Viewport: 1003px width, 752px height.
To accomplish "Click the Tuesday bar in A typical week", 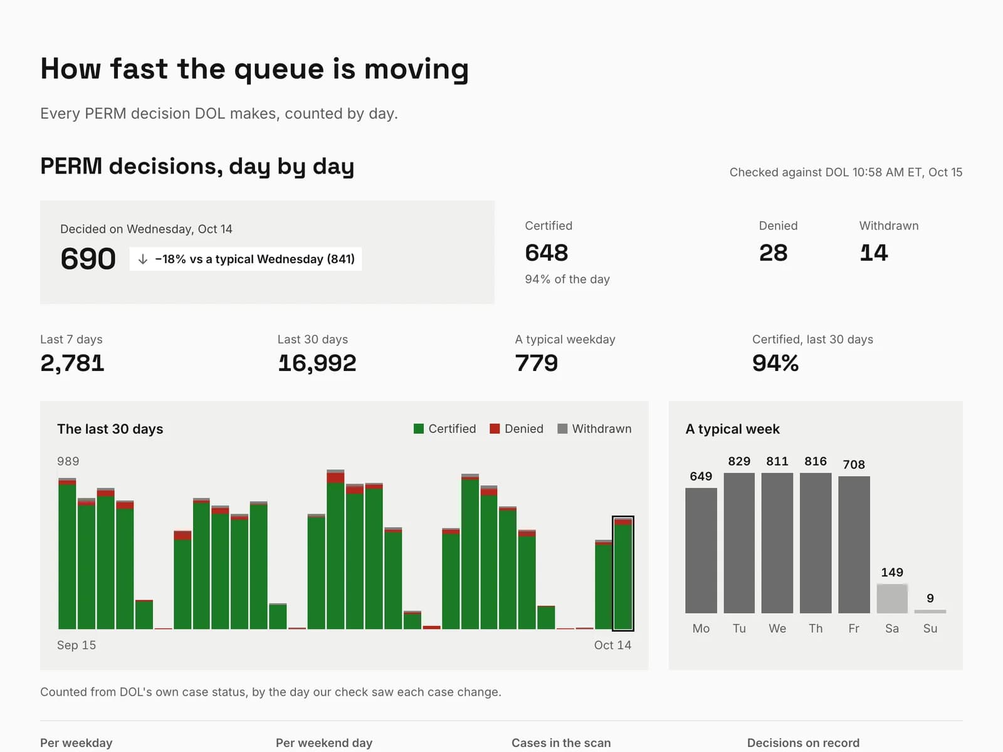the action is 739,543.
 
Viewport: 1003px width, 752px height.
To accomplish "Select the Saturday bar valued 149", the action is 892,598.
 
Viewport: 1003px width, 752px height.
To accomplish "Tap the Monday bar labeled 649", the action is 701,551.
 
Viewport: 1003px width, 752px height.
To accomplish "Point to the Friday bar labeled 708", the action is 854,545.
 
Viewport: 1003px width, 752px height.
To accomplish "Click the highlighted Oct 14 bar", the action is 623,573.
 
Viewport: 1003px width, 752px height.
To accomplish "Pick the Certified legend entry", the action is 444,429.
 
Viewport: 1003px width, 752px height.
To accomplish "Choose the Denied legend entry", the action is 517,429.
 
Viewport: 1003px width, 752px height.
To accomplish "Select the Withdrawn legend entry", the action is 594,429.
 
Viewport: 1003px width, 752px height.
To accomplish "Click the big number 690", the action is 88,259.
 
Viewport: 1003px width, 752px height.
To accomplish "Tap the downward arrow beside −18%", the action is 142,259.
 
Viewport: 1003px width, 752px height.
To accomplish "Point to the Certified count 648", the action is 547,253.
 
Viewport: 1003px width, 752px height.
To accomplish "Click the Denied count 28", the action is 773,253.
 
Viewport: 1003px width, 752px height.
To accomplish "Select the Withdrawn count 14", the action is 874,253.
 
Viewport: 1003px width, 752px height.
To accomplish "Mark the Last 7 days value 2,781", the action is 72,363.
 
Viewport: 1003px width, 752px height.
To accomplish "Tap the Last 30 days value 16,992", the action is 317,363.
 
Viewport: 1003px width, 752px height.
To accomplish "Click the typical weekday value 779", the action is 537,363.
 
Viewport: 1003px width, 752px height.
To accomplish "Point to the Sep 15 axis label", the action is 76,645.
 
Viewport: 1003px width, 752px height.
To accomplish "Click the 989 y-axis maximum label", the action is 68,461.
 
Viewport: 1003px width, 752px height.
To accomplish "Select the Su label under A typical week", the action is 930,629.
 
